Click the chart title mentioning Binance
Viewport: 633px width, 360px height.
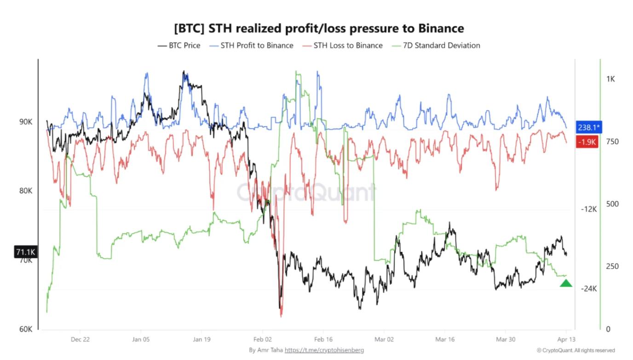pyautogui.click(x=319, y=29)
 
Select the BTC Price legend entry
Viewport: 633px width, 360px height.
pyautogui.click(x=179, y=46)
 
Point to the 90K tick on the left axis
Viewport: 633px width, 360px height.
pyautogui.click(x=25, y=122)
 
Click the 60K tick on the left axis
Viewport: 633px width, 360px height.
pyautogui.click(x=25, y=329)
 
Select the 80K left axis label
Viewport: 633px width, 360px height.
pyautogui.click(x=25, y=191)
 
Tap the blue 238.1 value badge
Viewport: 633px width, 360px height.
pyautogui.click(x=588, y=128)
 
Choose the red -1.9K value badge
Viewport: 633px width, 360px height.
pyautogui.click(x=587, y=142)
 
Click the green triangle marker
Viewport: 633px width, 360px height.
pyautogui.click(x=566, y=283)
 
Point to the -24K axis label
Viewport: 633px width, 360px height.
pyautogui.click(x=589, y=289)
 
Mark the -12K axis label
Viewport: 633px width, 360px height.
pyautogui.click(x=589, y=209)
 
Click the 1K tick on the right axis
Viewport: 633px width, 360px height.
pyautogui.click(x=610, y=79)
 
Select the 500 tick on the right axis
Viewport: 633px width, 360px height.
pyautogui.click(x=612, y=204)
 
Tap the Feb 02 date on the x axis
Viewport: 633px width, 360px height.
pyautogui.click(x=262, y=339)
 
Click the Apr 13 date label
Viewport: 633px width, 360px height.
pyautogui.click(x=565, y=339)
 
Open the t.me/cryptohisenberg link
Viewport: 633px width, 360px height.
pyautogui.click(x=324, y=350)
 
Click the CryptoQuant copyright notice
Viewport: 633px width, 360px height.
pyautogui.click(x=575, y=350)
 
